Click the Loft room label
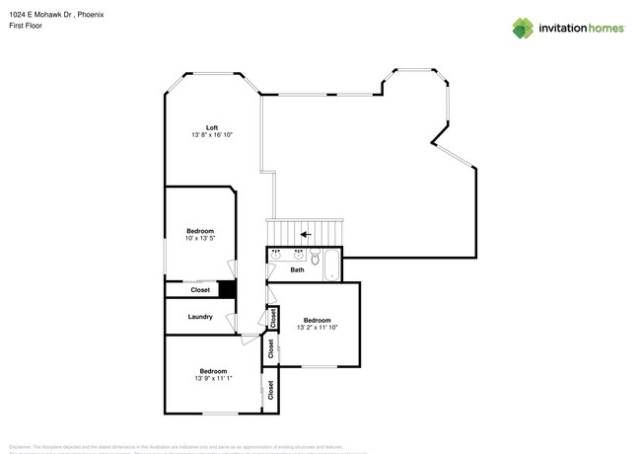point(212,127)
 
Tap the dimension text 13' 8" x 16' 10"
point(212,134)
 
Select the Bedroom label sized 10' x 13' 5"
point(200,231)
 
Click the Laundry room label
point(200,317)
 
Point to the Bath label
point(297,269)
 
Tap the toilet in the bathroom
point(315,259)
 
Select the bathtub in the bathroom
point(332,265)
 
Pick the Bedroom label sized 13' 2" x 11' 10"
point(317,320)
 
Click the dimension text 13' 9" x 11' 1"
point(213,378)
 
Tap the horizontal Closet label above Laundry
point(200,290)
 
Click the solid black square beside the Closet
point(227,290)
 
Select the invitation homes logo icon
point(523,28)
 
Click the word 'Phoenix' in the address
point(91,15)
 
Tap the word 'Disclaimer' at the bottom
point(22,447)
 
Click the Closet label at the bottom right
point(270,391)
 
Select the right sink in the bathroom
point(298,256)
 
